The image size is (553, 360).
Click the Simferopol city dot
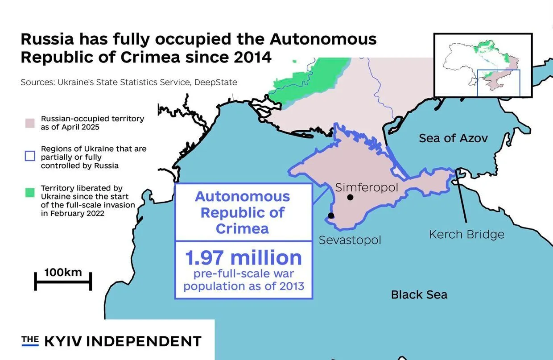[351, 197]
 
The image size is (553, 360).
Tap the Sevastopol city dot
[330, 215]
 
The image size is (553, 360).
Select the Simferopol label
[367, 187]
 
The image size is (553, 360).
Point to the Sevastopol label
[350, 240]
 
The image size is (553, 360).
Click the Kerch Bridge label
[466, 234]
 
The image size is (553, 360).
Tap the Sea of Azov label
[453, 138]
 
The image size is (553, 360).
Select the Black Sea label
[419, 294]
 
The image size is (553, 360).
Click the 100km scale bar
[63, 281]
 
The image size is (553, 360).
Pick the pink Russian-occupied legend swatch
[30, 123]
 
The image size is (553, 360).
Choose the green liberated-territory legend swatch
[30, 193]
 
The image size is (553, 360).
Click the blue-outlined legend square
[30, 156]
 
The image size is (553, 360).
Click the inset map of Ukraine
[483, 65]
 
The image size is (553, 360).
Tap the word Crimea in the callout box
[242, 228]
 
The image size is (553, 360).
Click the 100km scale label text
[63, 272]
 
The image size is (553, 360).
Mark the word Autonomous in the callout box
[243, 196]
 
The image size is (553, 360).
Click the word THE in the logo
[30, 340]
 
